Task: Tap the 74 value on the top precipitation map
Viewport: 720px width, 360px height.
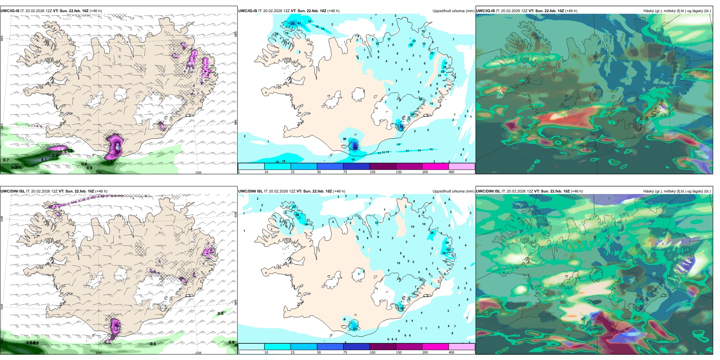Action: click(402, 127)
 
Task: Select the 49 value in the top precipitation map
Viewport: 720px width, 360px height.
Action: click(292, 23)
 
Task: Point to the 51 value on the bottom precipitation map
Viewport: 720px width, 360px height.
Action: click(355, 329)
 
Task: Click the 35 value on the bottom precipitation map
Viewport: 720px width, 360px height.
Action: click(444, 253)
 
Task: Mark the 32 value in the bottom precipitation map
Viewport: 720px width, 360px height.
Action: click(297, 215)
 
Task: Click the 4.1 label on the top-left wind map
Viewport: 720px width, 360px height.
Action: click(44, 160)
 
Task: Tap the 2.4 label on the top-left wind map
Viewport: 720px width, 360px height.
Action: click(55, 155)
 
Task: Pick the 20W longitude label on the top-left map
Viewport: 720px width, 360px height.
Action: click(99, 172)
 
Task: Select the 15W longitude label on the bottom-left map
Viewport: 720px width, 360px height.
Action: click(198, 353)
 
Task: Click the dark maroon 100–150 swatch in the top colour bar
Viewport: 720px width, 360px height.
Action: click(382, 166)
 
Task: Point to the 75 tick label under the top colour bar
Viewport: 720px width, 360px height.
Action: click(345, 172)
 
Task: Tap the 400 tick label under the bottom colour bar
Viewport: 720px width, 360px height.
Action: click(451, 352)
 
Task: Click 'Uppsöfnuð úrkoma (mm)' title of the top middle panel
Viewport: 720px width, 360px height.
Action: click(453, 11)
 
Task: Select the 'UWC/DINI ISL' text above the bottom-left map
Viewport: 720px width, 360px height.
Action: click(13, 191)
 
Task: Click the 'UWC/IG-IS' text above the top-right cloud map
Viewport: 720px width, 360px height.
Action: click(485, 11)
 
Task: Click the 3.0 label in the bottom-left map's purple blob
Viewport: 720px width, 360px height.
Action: click(117, 328)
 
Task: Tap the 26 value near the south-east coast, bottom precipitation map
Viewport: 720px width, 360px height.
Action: click(402, 308)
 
